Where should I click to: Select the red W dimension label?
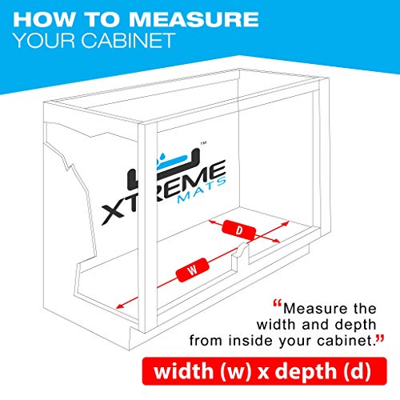[192, 270]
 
